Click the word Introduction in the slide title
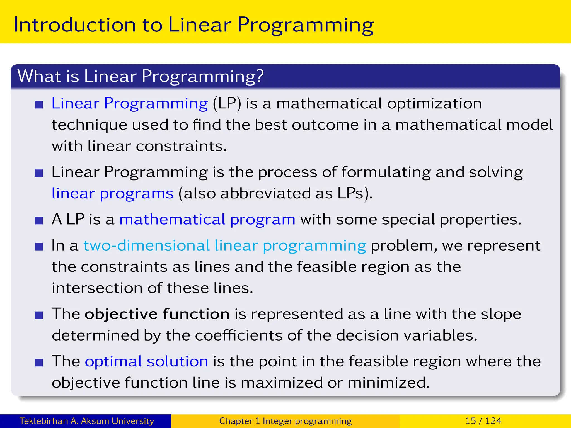pos(74,25)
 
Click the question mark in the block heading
pos(260,76)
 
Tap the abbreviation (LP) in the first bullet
pos(227,104)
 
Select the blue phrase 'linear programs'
pos(112,193)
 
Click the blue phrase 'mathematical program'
pos(207,220)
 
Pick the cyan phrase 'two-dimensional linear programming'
pos(225,246)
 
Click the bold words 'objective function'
pos(157,314)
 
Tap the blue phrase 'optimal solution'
pos(146,361)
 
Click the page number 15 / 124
pos(483,421)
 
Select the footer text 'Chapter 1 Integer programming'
pos(285,421)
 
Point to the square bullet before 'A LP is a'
pos(39,221)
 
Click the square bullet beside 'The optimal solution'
pos(39,363)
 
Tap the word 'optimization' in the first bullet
pos(434,104)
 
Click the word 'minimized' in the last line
pos(388,383)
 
